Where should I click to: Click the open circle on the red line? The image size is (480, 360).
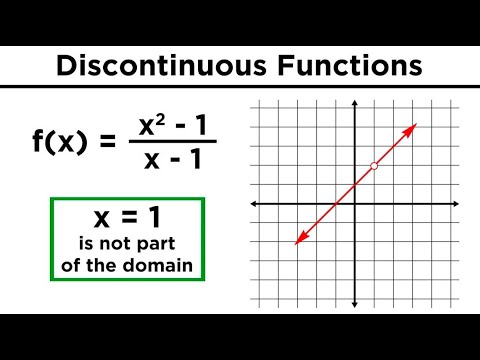tap(373, 166)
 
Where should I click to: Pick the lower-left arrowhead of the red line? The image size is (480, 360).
tap(298, 241)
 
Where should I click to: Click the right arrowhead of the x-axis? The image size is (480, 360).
tap(458, 204)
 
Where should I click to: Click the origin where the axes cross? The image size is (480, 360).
tap(355, 204)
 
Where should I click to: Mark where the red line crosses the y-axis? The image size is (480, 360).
tap(355, 185)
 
